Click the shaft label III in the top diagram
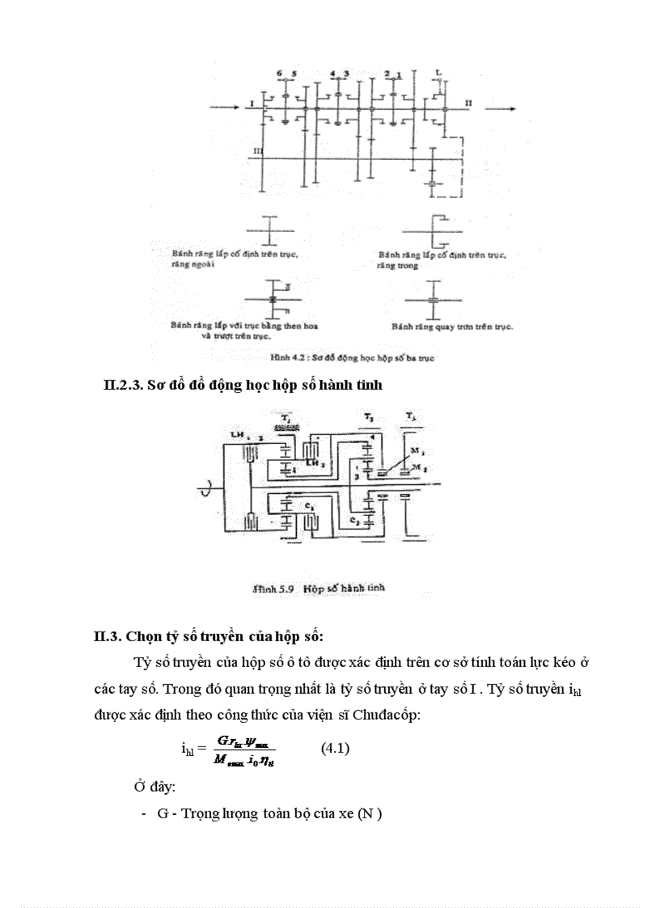coord(256,151)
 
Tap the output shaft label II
coord(468,104)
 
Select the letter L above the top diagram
coord(438,73)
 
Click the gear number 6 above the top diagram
coord(280,74)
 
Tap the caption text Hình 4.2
coord(284,357)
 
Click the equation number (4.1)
coord(335,749)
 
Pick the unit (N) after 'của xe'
coord(371,813)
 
